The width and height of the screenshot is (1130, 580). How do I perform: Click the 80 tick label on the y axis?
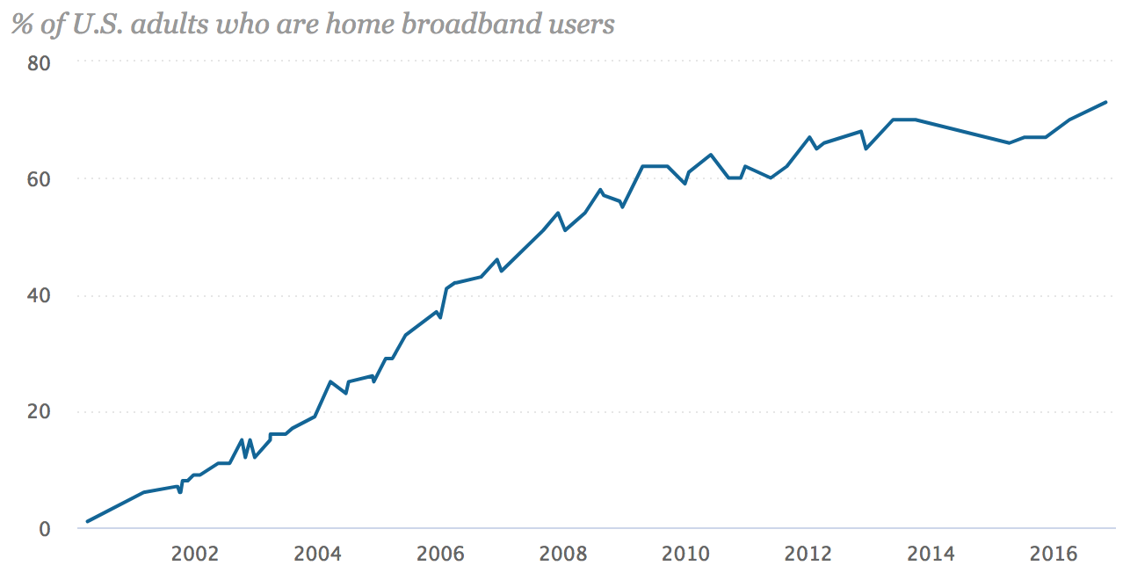[40, 62]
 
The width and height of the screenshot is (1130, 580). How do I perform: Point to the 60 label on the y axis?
[40, 178]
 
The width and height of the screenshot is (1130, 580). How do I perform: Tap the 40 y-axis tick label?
[40, 295]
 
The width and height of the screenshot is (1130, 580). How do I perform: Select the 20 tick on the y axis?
[40, 411]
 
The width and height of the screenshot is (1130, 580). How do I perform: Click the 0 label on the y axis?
[45, 528]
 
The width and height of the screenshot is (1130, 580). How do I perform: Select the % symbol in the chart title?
[22, 24]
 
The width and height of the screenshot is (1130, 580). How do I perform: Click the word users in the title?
[583, 24]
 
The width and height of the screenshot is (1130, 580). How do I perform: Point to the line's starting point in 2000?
[87, 521]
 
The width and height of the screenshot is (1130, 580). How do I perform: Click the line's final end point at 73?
[1105, 102]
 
